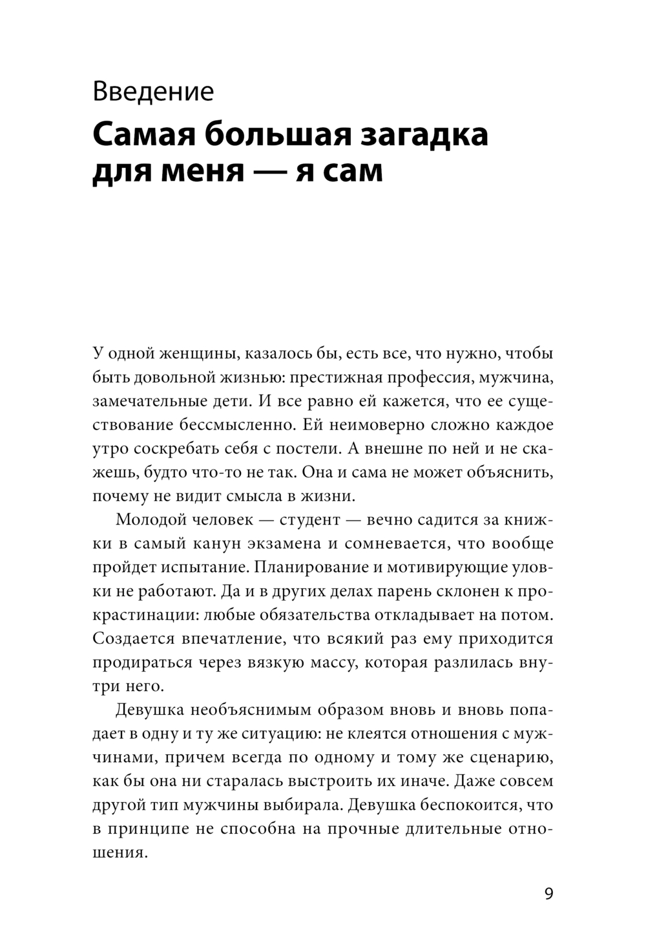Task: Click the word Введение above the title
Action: (x=152, y=92)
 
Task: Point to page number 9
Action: (x=548, y=894)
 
